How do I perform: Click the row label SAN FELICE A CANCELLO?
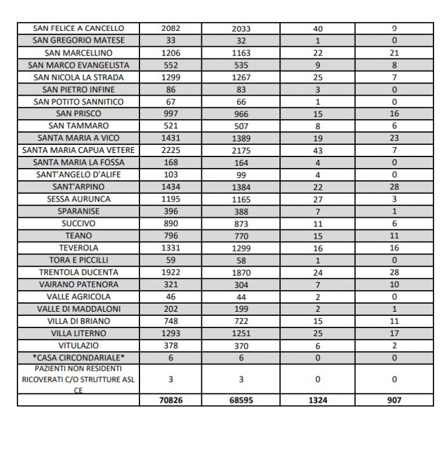click(79, 29)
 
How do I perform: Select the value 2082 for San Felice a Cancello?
click(170, 29)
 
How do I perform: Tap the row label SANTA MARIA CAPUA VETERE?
click(79, 150)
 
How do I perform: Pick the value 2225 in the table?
click(170, 150)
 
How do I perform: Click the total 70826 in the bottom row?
click(170, 400)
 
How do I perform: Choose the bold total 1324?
click(318, 400)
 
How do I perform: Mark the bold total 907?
click(394, 400)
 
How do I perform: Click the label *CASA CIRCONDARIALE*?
click(79, 357)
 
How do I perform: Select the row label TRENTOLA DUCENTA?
click(79, 272)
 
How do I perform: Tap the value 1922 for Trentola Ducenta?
click(170, 272)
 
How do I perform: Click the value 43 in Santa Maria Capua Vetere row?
click(318, 150)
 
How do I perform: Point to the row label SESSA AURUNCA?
click(79, 199)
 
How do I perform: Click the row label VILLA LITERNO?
click(79, 333)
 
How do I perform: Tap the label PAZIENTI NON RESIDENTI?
click(78, 369)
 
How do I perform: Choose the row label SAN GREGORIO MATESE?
click(79, 41)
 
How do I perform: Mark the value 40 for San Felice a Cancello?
click(318, 29)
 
